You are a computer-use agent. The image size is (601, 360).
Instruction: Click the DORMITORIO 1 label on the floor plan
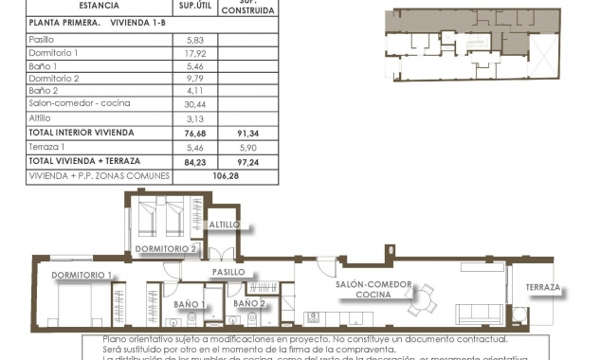82,275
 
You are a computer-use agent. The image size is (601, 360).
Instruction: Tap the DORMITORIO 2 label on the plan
166,249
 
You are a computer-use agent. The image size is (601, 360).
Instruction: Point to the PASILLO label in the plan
228,272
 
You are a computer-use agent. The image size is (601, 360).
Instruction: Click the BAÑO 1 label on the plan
191,303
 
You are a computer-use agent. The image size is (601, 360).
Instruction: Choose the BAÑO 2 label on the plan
248,303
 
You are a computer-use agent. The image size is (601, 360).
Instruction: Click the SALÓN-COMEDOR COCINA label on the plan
373,290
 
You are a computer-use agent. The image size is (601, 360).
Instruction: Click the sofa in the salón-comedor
480,314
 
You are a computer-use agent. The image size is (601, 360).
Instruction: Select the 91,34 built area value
247,133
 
